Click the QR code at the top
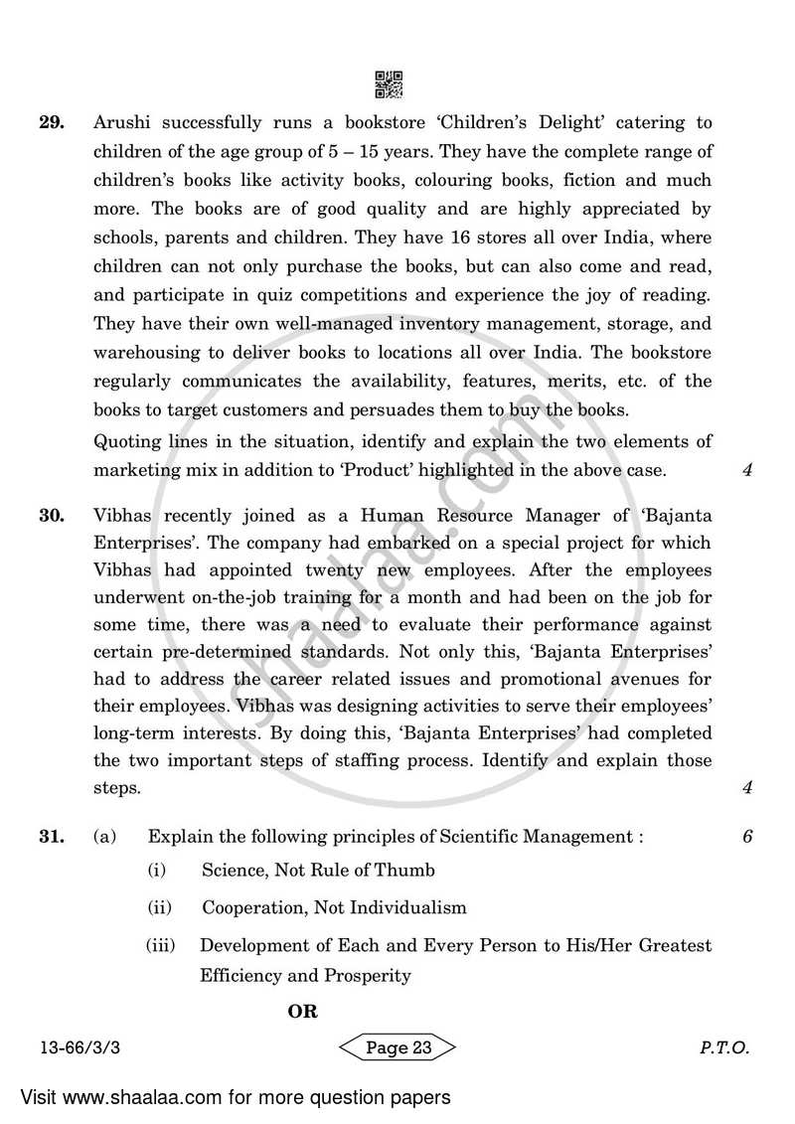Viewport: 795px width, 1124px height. click(389, 85)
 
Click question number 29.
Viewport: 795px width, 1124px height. click(52, 123)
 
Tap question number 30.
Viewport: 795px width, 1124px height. click(52, 515)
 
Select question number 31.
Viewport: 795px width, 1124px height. click(52, 837)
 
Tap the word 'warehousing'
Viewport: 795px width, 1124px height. click(145, 354)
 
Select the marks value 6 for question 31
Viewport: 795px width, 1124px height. click(746, 837)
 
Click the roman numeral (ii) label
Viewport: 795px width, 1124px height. click(160, 907)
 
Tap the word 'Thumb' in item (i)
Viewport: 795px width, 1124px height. click(402, 870)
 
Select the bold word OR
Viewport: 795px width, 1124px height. click(302, 1012)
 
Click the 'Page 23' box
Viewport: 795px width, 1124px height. click(397, 1047)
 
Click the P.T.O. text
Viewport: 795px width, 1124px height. click(723, 1047)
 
